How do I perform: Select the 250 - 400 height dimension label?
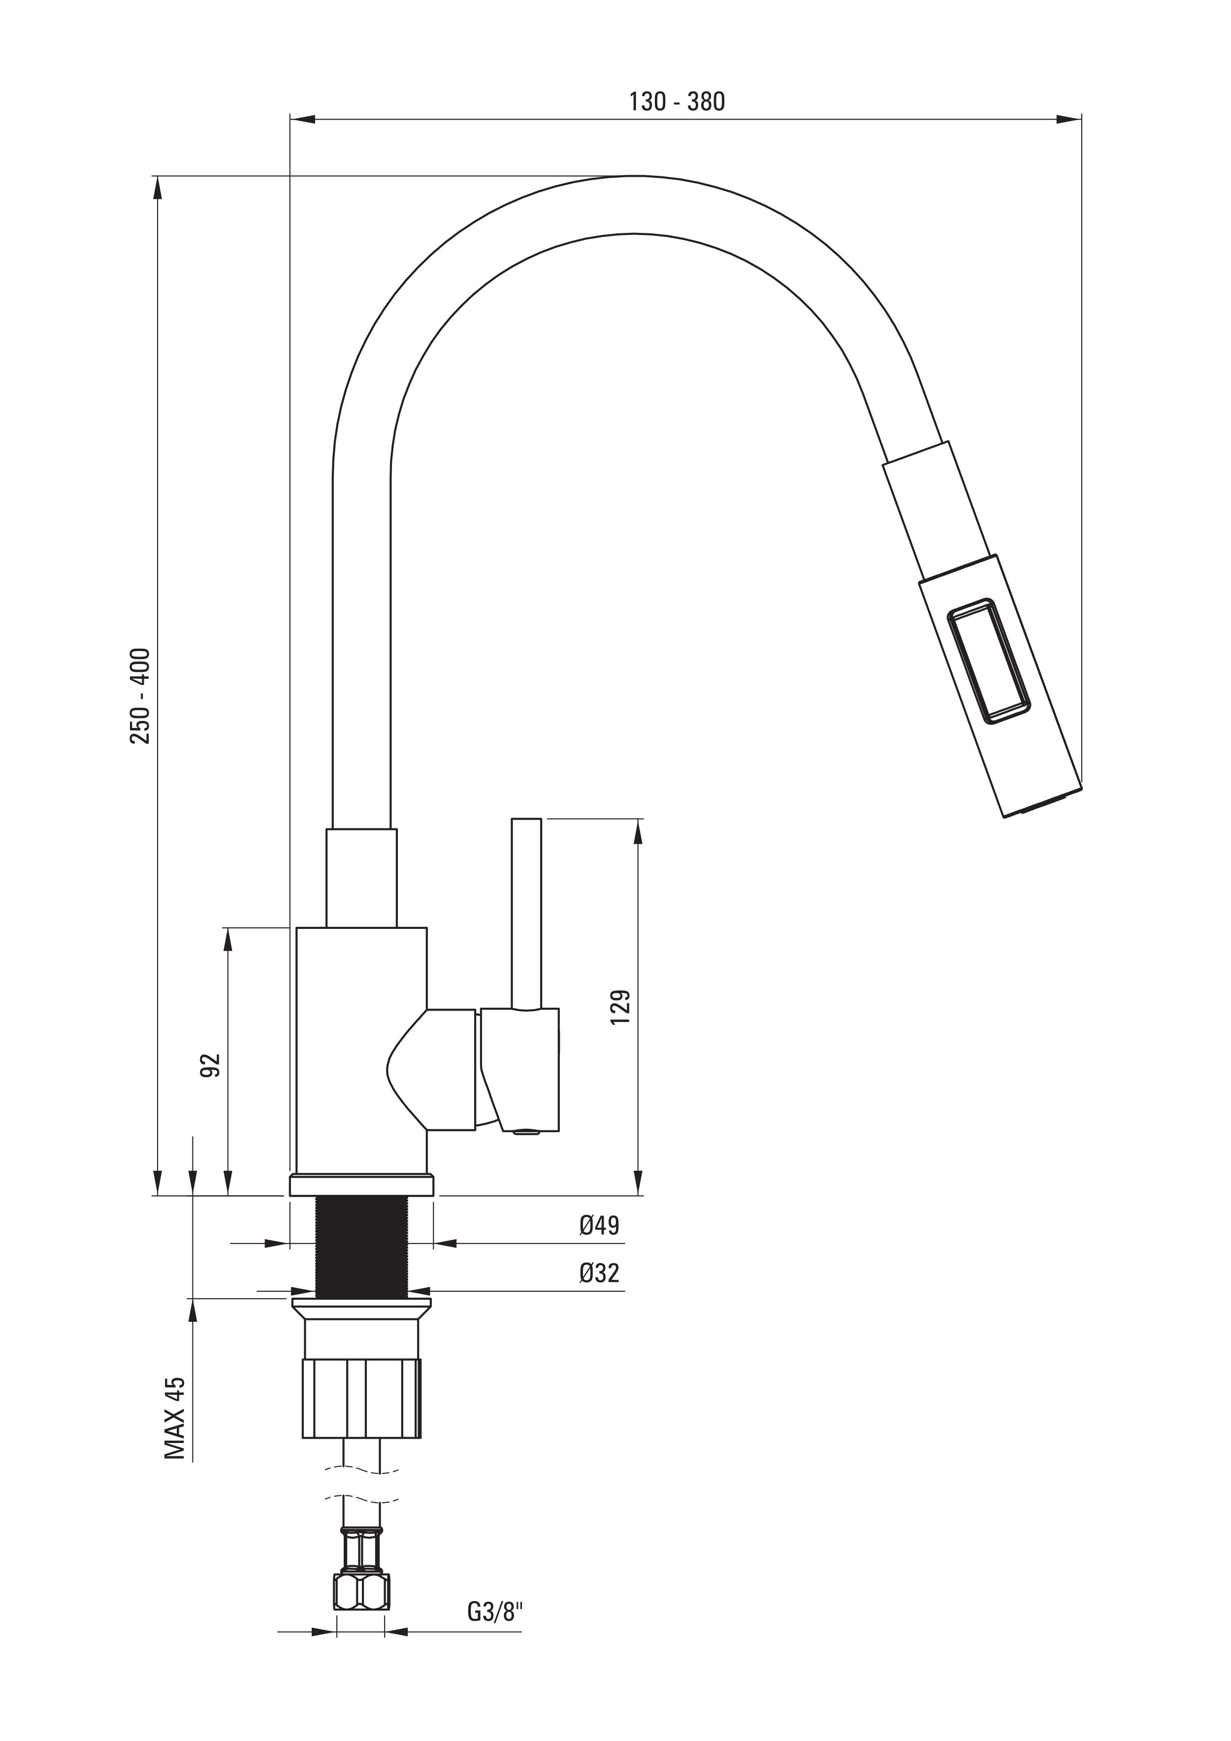point(141,695)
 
